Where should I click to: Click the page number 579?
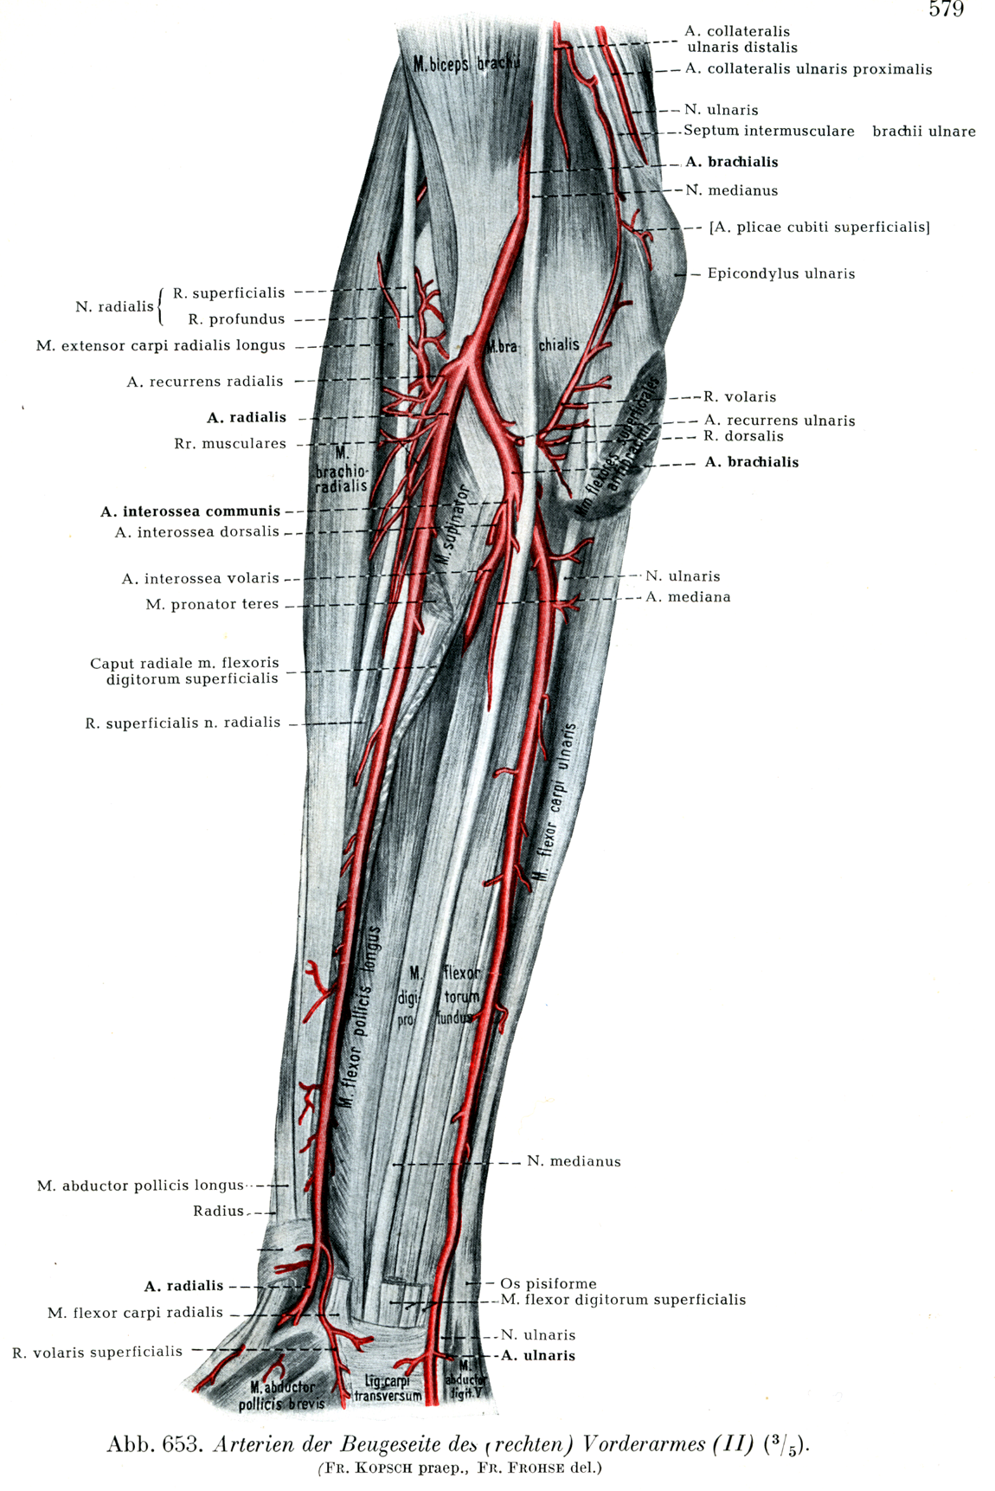click(946, 10)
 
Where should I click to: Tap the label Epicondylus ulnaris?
click(780, 273)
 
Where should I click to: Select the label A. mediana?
click(688, 597)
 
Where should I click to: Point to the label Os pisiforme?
click(548, 1283)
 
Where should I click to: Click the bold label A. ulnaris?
click(537, 1356)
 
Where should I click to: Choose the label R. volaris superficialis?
click(98, 1352)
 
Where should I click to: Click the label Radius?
click(218, 1211)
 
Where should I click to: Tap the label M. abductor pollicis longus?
click(140, 1186)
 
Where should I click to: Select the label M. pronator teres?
click(212, 604)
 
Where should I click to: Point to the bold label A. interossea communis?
click(190, 511)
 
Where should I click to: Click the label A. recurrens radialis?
click(205, 381)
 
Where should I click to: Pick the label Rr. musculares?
click(230, 443)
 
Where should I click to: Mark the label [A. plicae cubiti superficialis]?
click(818, 228)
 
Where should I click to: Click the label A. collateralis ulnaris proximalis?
click(808, 69)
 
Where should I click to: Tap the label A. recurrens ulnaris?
click(779, 421)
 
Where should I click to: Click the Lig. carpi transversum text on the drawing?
click(388, 1388)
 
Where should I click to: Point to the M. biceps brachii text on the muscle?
click(465, 64)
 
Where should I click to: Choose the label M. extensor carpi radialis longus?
click(161, 345)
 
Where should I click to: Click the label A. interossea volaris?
click(201, 578)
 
